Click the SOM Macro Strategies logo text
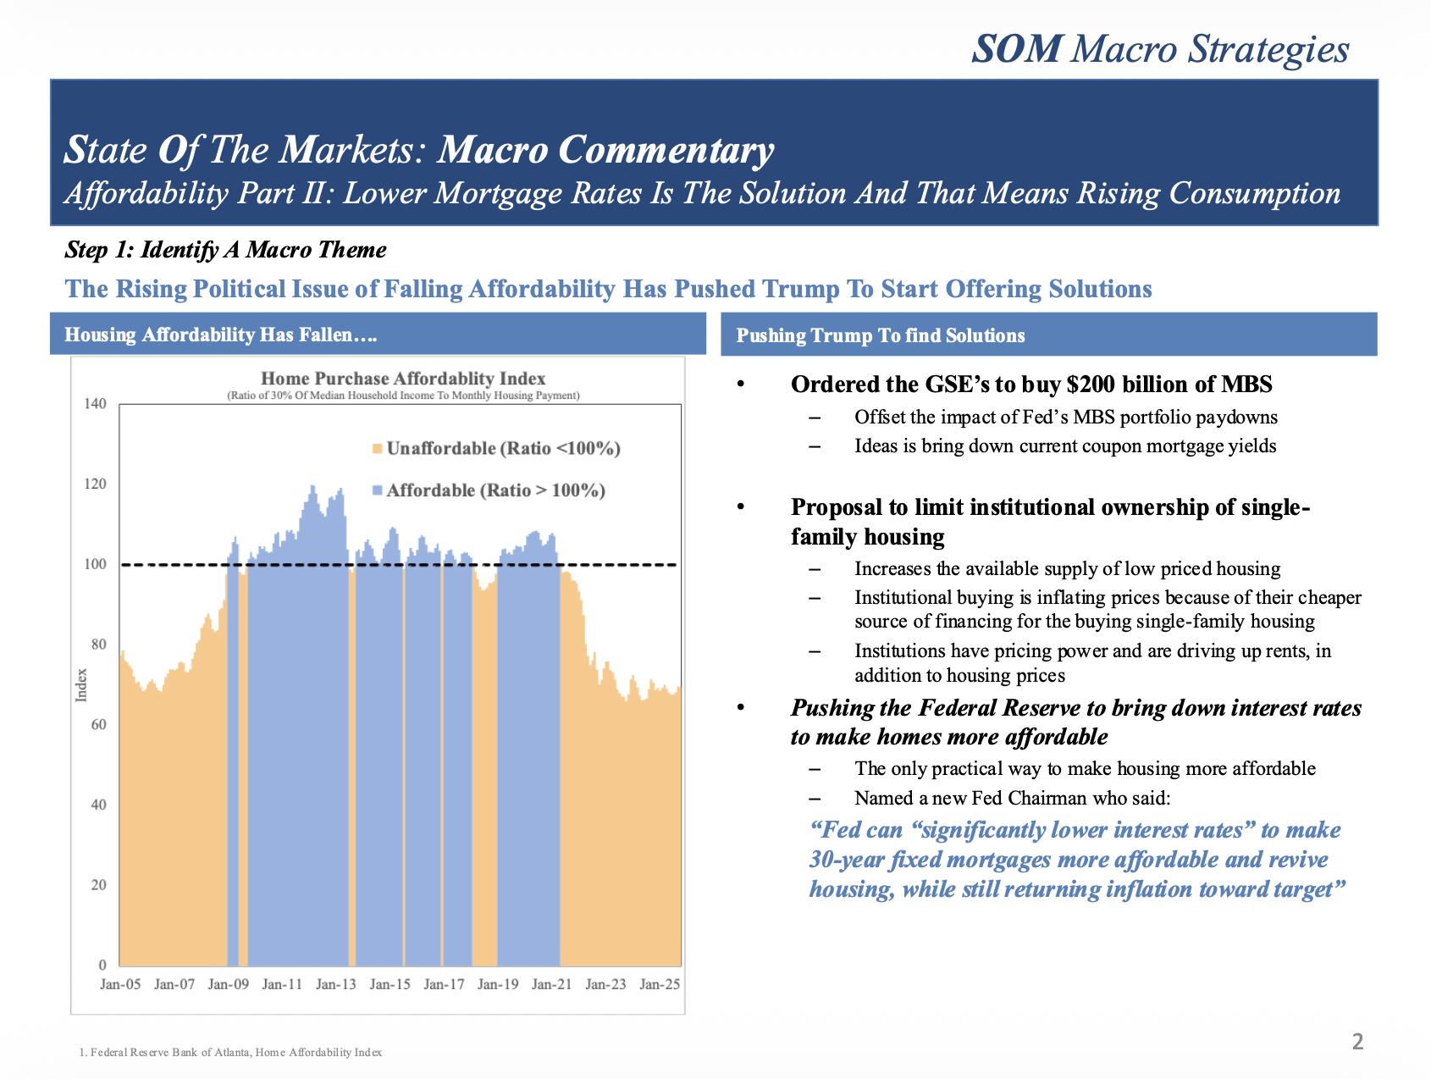(x=1160, y=49)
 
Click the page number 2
(x=1357, y=1042)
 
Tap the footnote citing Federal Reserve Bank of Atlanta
(x=230, y=1052)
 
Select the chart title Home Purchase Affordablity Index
(x=403, y=379)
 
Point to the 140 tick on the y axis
(x=96, y=403)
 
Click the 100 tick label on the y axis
(x=96, y=564)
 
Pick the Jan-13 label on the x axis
(x=336, y=984)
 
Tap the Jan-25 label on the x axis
(x=660, y=984)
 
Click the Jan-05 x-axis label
(x=120, y=984)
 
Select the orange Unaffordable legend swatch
(x=378, y=449)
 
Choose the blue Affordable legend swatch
(x=378, y=490)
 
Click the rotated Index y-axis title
(x=81, y=685)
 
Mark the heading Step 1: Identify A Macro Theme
(x=225, y=250)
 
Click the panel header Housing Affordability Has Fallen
(x=220, y=335)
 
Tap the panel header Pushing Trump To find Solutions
(x=881, y=335)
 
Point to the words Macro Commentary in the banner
(x=605, y=150)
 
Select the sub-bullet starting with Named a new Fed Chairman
(x=1012, y=798)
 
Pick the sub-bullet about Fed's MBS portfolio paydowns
(x=1065, y=417)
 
